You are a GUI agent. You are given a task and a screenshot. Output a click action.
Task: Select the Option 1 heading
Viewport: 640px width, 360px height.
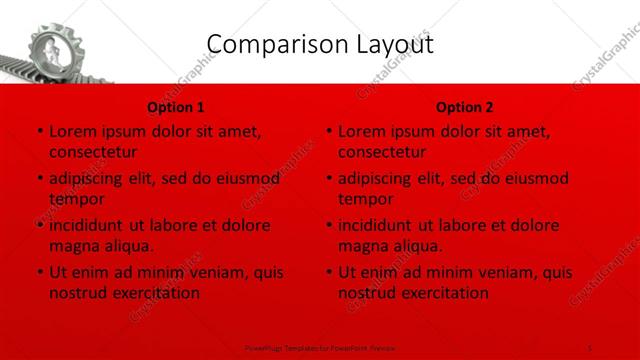[x=176, y=106]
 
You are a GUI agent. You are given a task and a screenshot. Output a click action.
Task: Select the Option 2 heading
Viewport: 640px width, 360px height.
[x=465, y=106]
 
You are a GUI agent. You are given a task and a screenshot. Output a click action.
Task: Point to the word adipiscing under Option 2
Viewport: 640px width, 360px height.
[x=377, y=179]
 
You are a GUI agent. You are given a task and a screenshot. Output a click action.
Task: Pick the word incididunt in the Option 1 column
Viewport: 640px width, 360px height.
[x=88, y=225]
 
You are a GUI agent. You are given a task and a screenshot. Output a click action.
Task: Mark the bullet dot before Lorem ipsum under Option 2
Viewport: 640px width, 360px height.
[x=328, y=132]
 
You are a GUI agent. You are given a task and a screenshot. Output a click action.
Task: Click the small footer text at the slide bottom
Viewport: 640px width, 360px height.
[x=320, y=346]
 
